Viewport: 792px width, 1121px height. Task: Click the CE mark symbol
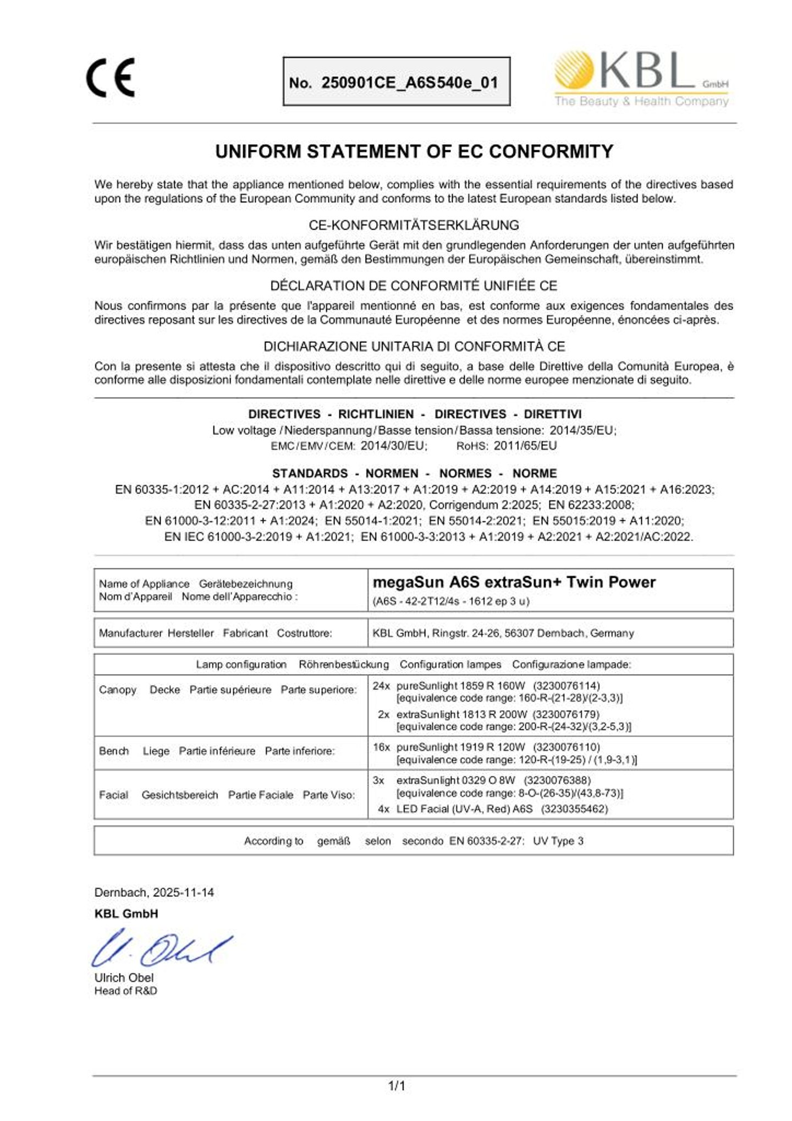(110, 78)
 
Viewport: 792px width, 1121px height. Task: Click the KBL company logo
(641, 79)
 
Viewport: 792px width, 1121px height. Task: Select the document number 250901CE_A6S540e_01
(409, 83)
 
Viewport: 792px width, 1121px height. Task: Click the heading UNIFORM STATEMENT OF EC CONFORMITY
(414, 151)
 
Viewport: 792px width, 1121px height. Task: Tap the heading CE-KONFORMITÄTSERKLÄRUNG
(414, 225)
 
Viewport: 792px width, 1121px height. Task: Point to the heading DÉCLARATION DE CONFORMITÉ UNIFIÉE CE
(414, 286)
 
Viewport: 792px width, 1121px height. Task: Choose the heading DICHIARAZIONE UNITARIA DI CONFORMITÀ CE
(414, 346)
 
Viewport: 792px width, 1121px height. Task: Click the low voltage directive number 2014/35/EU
(582, 430)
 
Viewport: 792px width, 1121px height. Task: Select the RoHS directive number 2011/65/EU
(525, 446)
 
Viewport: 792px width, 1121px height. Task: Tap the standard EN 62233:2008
(591, 505)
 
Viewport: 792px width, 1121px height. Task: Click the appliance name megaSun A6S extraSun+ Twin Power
(514, 582)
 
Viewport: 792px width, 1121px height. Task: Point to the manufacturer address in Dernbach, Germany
(503, 633)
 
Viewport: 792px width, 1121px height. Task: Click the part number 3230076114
(566, 686)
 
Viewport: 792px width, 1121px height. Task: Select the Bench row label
(114, 751)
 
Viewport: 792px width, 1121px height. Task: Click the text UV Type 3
(558, 841)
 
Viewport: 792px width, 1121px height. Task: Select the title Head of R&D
(125, 991)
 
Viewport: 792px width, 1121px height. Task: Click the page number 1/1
(397, 1086)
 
